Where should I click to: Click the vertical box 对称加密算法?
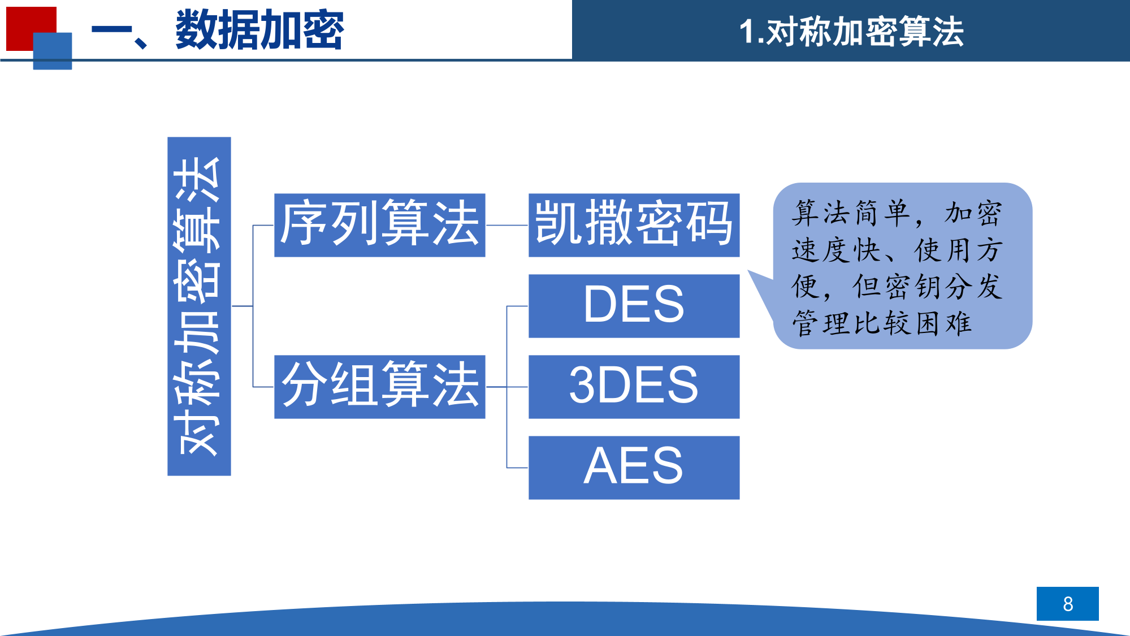pos(199,306)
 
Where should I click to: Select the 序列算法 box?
pos(380,225)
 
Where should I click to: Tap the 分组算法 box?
pos(380,387)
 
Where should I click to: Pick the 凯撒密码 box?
pos(634,225)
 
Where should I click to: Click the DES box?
pos(634,306)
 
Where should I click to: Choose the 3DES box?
pos(634,387)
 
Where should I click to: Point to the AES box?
pos(634,468)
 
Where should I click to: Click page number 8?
pos(1067,604)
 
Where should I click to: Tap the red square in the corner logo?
pos(25,23)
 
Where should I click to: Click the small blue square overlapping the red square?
pos(53,51)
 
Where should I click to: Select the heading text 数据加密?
pos(259,30)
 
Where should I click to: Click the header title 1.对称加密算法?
pos(851,31)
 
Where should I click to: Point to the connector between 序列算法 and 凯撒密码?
pos(507,225)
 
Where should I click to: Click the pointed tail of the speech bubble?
pos(748,271)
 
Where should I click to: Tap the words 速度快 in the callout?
pos(835,250)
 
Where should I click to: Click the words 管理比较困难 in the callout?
pos(881,323)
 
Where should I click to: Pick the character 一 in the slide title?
pos(111,31)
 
